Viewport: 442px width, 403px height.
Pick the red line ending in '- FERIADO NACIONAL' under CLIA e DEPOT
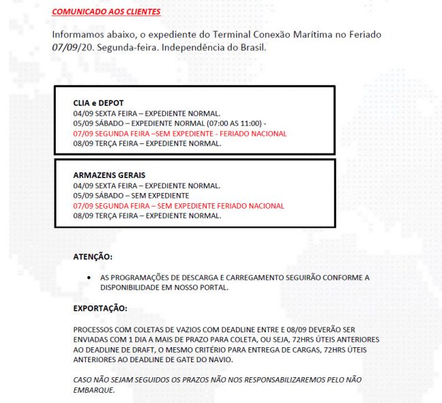pyautogui.click(x=180, y=134)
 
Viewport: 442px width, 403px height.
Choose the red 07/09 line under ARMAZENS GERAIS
pyautogui.click(x=179, y=205)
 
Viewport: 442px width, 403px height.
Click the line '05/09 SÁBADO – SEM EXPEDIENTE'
pyautogui.click(x=131, y=195)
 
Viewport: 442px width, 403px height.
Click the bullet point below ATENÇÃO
pyautogui.click(x=90, y=278)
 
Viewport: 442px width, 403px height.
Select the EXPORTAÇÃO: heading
pyautogui.click(x=100, y=309)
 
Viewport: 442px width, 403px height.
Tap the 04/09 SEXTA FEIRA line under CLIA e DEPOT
pyautogui.click(x=146, y=113)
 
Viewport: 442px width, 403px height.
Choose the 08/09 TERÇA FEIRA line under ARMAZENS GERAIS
pyautogui.click(x=147, y=215)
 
